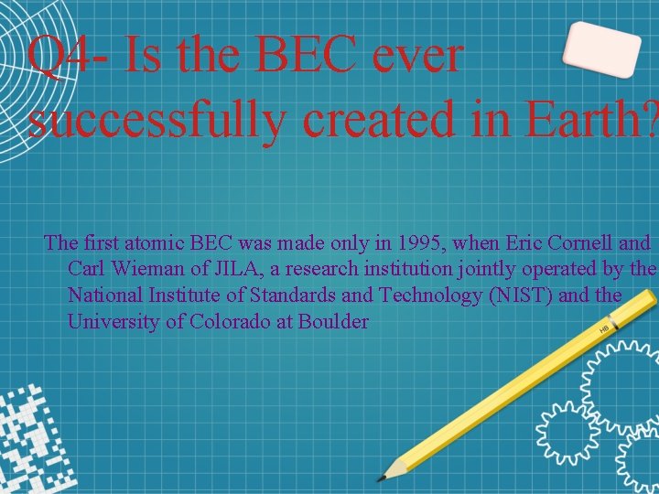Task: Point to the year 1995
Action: [373, 243]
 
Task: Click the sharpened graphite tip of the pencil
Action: [383, 476]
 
